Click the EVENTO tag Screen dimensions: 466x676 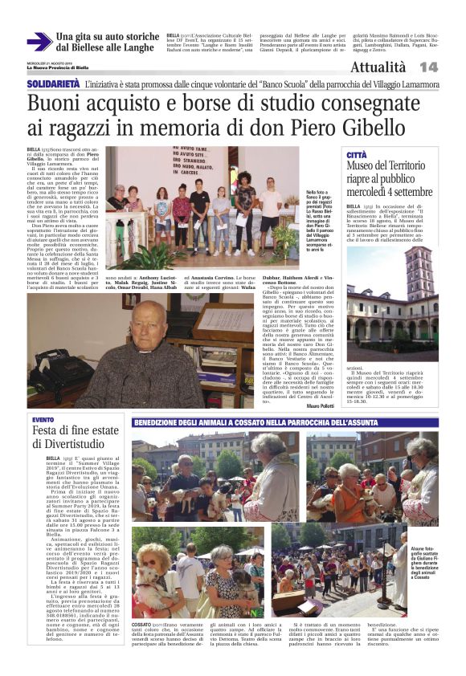click(43, 420)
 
